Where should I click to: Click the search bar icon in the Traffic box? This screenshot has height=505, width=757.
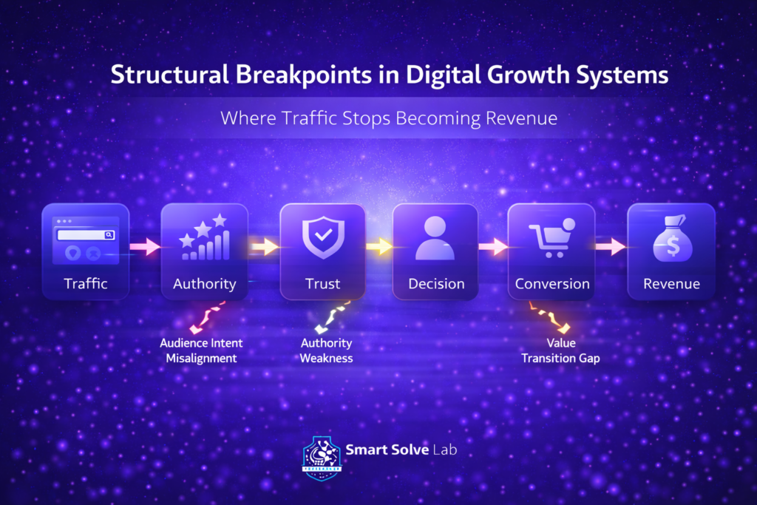86,234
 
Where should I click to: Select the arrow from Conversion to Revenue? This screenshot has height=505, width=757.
611,246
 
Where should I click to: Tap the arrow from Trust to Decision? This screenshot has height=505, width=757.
378,246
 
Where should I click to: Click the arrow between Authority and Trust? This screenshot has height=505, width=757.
264,246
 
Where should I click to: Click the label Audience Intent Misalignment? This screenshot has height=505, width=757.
201,350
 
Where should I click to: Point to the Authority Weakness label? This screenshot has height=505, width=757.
326,350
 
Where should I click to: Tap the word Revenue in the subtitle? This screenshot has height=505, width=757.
511,118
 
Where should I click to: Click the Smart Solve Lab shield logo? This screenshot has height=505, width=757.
322,459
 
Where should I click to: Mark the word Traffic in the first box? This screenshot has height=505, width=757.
86,283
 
